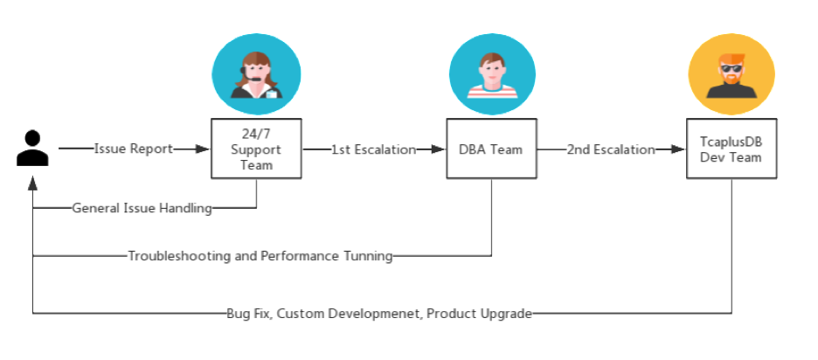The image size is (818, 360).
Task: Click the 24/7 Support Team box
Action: click(256, 149)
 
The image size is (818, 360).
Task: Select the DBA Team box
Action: click(490, 149)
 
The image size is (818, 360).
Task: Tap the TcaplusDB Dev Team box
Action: click(730, 149)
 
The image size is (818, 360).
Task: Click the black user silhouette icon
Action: click(32, 149)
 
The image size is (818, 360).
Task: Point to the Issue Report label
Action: click(133, 149)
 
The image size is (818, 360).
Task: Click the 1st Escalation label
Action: click(373, 149)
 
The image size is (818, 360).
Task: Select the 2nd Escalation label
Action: click(611, 149)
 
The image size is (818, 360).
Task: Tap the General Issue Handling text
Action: click(142, 208)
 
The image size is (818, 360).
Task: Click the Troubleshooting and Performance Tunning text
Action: click(260, 257)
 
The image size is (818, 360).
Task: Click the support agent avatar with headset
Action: click(256, 75)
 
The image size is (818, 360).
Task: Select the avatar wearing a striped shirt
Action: click(491, 75)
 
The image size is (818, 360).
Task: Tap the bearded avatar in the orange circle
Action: click(730, 75)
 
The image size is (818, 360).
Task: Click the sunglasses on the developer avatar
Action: click(730, 69)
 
